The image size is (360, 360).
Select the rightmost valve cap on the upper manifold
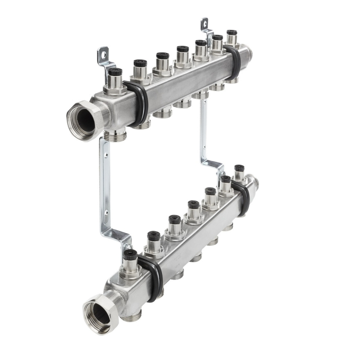tap(232, 33)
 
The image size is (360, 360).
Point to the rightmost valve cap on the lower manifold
tap(239, 169)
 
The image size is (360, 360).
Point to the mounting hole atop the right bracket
tap(204, 23)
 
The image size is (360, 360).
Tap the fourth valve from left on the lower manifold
tap(193, 205)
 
